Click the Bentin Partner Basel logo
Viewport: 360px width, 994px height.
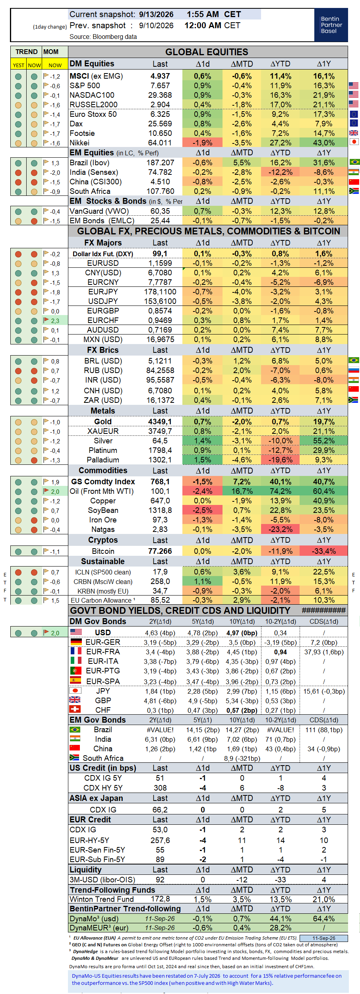[331, 25]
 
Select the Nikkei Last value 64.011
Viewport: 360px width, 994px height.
[160, 143]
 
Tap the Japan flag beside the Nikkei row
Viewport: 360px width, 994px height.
[354, 142]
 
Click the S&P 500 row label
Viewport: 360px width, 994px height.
[85, 86]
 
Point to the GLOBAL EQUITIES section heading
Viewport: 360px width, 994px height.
[207, 52]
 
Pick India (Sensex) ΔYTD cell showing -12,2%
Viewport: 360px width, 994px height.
[281, 172]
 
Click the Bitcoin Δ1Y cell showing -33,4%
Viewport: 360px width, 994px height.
[324, 551]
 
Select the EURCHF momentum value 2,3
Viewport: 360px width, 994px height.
[55, 321]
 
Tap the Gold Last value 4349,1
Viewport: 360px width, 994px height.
[160, 422]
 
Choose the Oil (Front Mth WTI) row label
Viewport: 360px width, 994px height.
[102, 491]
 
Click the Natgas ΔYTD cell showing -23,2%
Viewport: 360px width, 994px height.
[281, 530]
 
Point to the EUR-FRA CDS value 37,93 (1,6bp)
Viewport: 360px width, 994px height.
[324, 652]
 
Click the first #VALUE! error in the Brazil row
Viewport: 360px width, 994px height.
[160, 730]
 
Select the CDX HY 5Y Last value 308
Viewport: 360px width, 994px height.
[160, 788]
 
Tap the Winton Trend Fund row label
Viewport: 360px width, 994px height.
[102, 899]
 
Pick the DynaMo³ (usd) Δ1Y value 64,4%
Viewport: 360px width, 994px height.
[324, 919]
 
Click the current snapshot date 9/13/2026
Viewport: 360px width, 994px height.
[156, 15]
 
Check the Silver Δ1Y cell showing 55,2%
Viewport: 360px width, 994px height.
[324, 441]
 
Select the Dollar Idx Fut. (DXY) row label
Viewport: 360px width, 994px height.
[103, 254]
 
